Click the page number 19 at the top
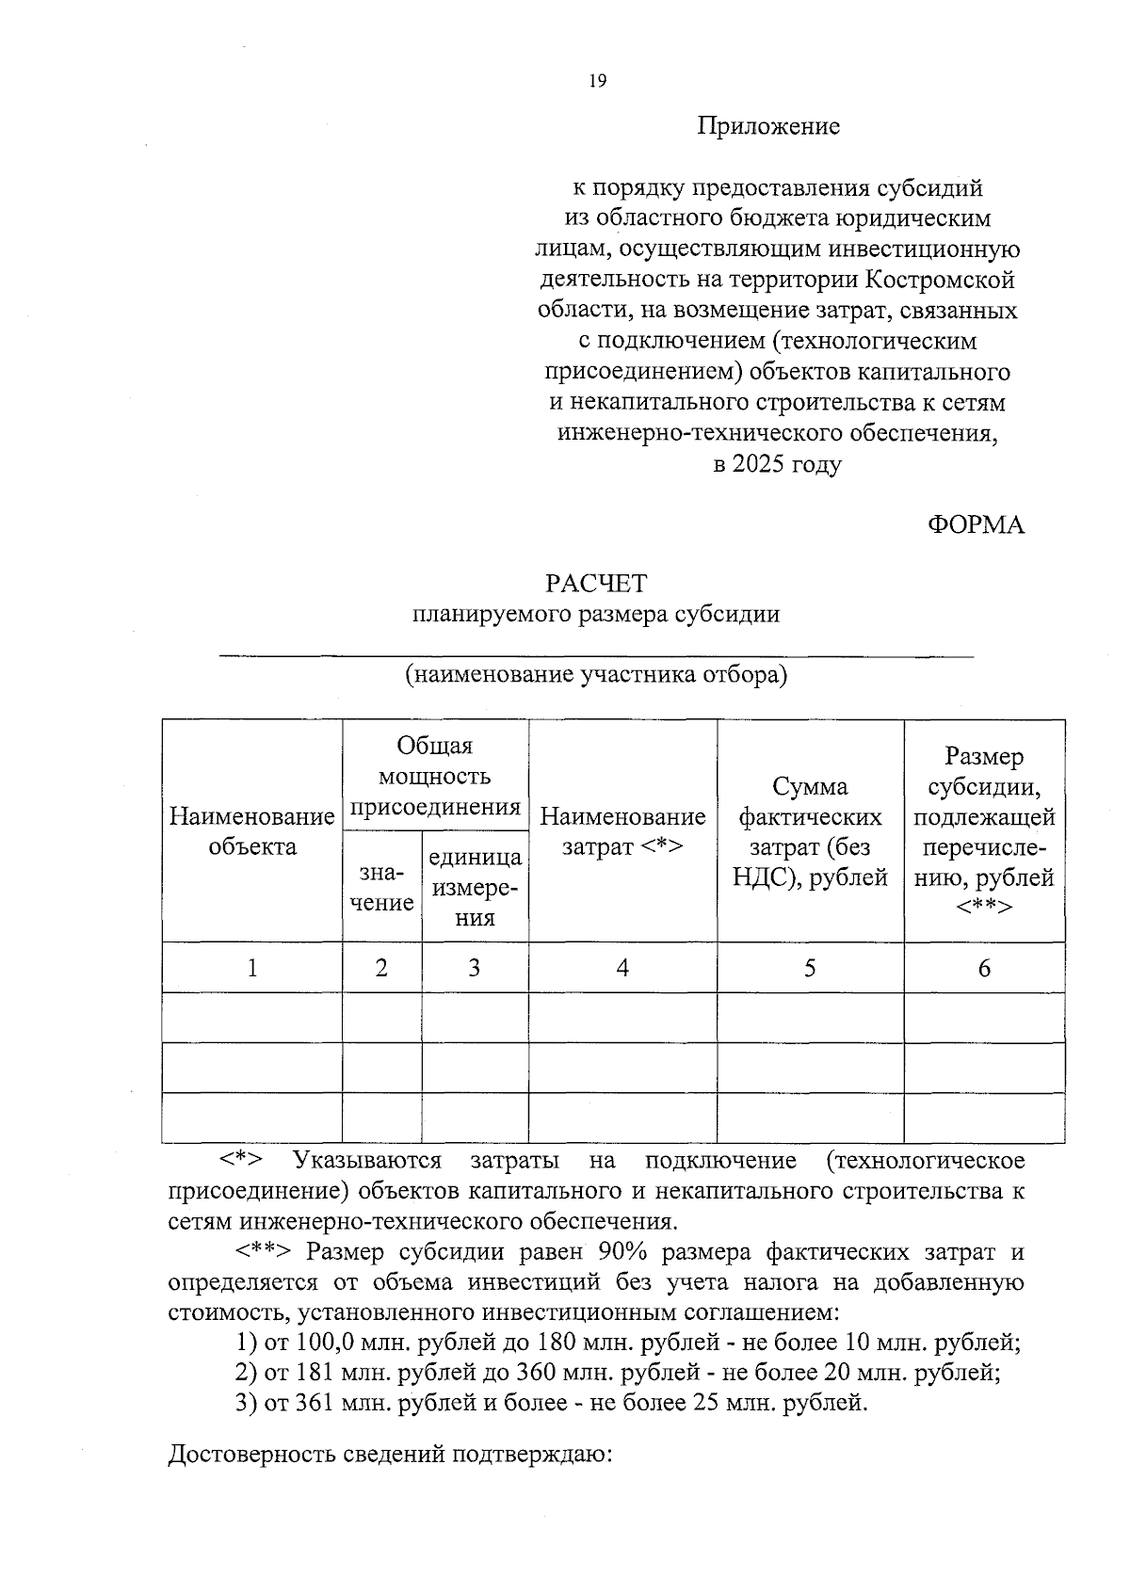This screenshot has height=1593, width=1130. (598, 81)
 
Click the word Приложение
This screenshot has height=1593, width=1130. (768, 126)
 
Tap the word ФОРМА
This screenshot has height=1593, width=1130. (976, 525)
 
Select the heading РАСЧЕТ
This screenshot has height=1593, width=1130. (597, 584)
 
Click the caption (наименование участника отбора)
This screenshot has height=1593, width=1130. (596, 675)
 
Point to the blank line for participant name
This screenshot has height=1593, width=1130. (596, 652)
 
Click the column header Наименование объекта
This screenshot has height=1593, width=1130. (251, 831)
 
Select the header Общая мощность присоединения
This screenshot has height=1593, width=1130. (434, 776)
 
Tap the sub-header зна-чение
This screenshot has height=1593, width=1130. (380, 888)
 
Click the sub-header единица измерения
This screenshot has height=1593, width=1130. (475, 888)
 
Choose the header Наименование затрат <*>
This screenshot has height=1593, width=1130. (622, 831)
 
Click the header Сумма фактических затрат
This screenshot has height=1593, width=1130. (810, 831)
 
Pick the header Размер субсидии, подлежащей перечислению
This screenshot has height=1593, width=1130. (984, 831)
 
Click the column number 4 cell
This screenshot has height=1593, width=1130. (622, 968)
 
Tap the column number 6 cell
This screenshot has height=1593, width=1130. (984, 968)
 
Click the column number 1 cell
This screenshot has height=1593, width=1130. (251, 968)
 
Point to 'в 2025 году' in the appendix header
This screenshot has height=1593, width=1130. (777, 464)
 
